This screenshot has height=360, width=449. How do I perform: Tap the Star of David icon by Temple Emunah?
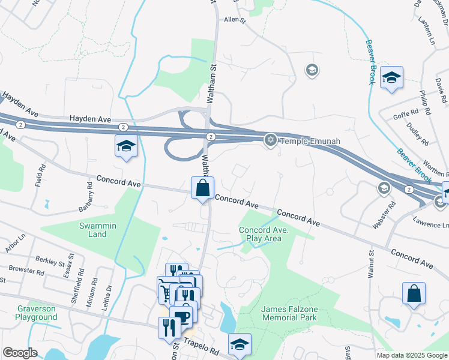click(x=271, y=140)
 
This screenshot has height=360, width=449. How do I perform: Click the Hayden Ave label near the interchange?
click(x=91, y=119)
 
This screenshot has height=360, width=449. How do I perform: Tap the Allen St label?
click(x=235, y=20)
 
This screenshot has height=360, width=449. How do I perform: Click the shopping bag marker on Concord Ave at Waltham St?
click(x=203, y=187)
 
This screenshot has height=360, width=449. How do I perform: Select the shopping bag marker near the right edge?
click(x=414, y=294)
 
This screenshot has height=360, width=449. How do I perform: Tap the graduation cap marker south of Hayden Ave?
click(x=126, y=146)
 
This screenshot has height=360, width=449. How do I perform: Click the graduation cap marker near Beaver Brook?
click(x=391, y=77)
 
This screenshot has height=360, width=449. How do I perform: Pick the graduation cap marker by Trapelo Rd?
click(x=240, y=344)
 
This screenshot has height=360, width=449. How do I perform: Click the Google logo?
click(x=20, y=353)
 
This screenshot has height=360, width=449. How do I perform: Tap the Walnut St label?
click(x=370, y=265)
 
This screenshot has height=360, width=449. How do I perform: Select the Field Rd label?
click(x=40, y=175)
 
